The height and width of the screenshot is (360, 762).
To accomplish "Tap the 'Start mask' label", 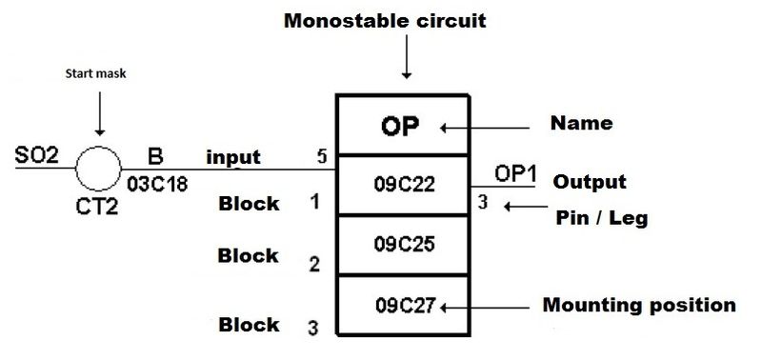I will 97,74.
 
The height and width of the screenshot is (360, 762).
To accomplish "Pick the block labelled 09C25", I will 403,244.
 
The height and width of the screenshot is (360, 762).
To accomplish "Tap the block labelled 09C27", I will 401,306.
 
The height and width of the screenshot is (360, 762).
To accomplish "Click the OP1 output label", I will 515,173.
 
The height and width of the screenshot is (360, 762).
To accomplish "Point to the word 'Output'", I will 589,182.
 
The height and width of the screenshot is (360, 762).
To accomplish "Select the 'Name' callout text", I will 581,123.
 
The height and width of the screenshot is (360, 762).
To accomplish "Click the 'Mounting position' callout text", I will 638,305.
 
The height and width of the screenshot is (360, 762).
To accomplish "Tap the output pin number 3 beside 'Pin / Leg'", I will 484,202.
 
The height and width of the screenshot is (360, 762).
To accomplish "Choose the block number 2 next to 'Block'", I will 313,264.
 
